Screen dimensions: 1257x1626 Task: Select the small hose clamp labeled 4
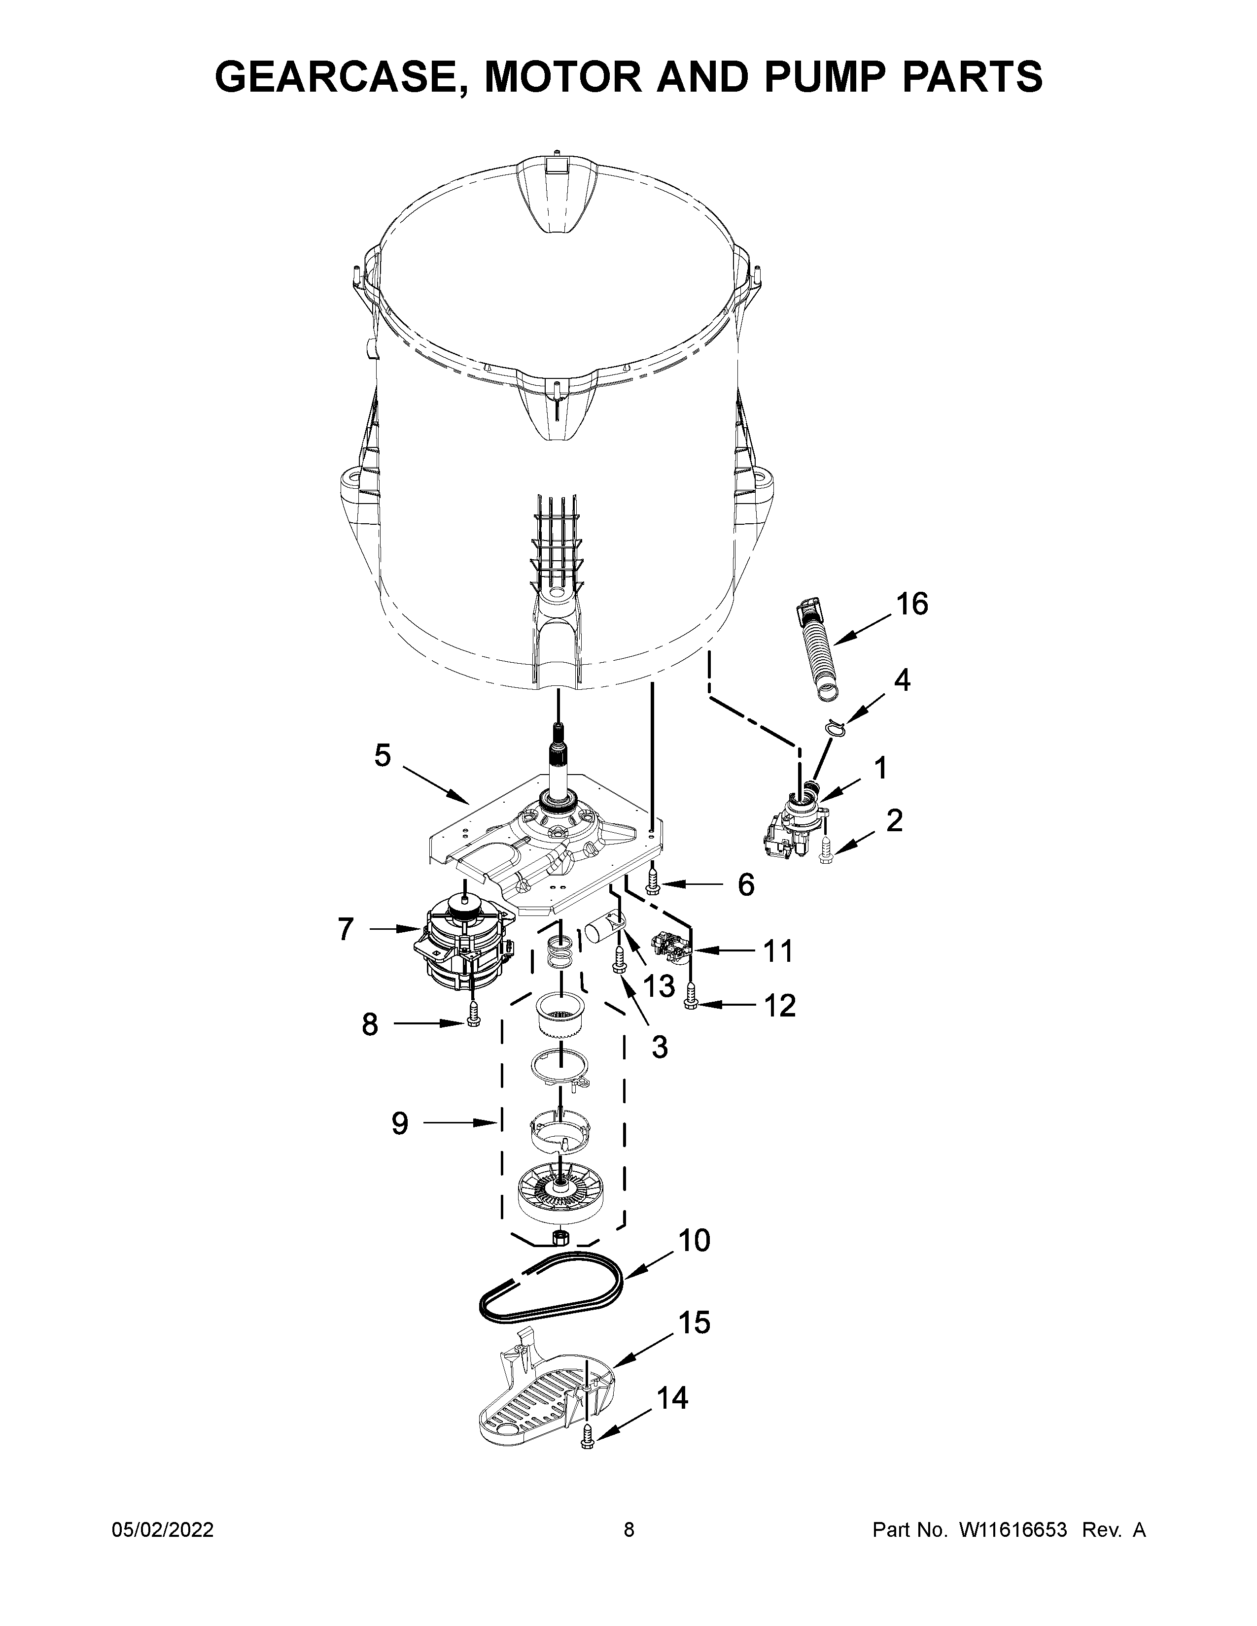[836, 727]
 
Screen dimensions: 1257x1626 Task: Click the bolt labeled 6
[653, 883]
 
